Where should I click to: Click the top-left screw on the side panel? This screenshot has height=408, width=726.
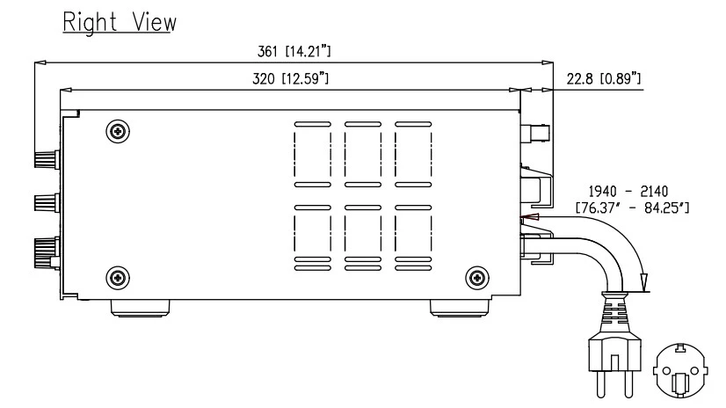click(x=116, y=131)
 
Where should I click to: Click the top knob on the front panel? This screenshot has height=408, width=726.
click(x=44, y=159)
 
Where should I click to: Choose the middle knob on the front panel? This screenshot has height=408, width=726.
click(x=44, y=203)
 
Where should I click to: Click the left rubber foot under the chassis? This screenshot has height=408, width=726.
click(x=139, y=309)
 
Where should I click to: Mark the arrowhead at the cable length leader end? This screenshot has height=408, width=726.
click(x=646, y=281)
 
